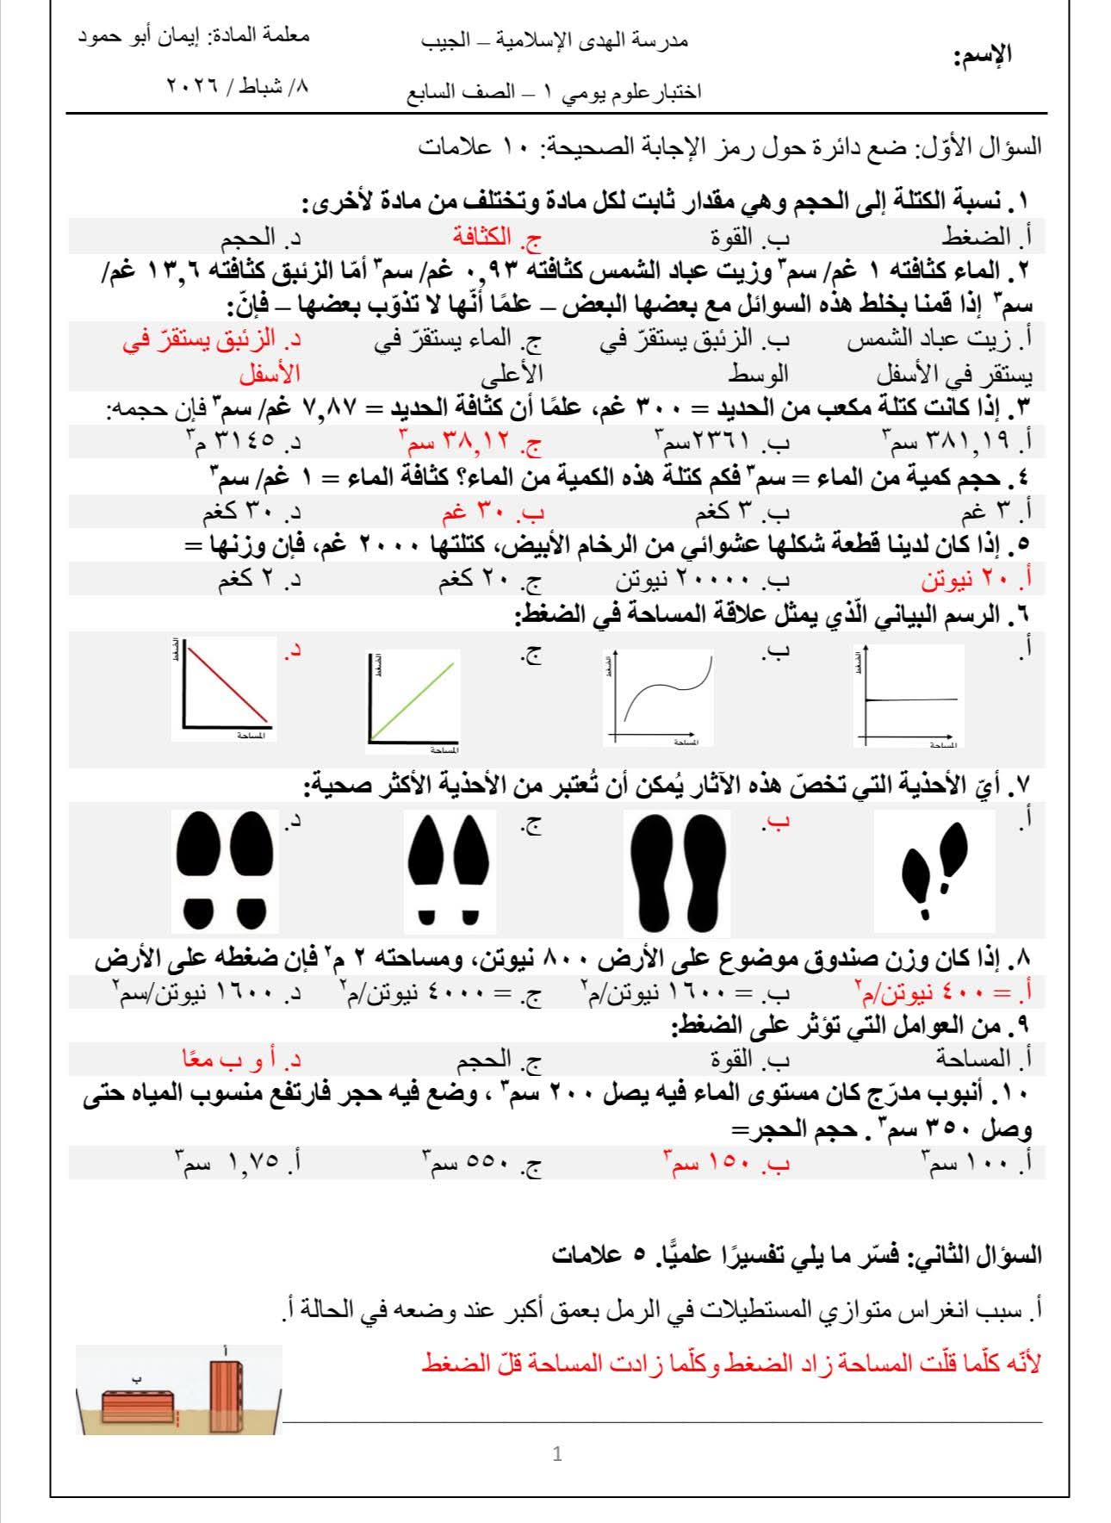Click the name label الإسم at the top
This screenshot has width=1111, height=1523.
[x=983, y=56]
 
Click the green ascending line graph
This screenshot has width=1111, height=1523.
[x=413, y=697]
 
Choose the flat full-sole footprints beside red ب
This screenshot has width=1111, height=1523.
[x=676, y=873]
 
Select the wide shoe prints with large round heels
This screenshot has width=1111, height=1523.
[x=224, y=871]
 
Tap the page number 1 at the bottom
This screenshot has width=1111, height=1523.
[x=557, y=1454]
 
